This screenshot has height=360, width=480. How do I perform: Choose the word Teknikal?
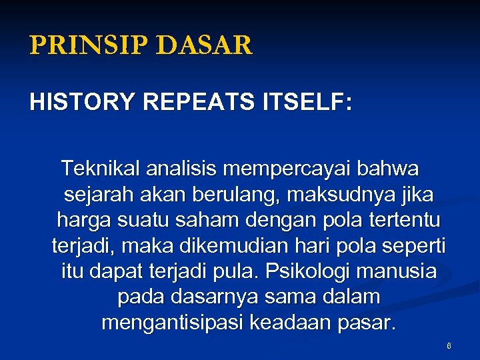pyautogui.click(x=98, y=169)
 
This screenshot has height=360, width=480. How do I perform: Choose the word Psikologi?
pyautogui.click(x=304, y=272)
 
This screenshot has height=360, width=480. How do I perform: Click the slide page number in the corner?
pyautogui.click(x=449, y=347)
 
